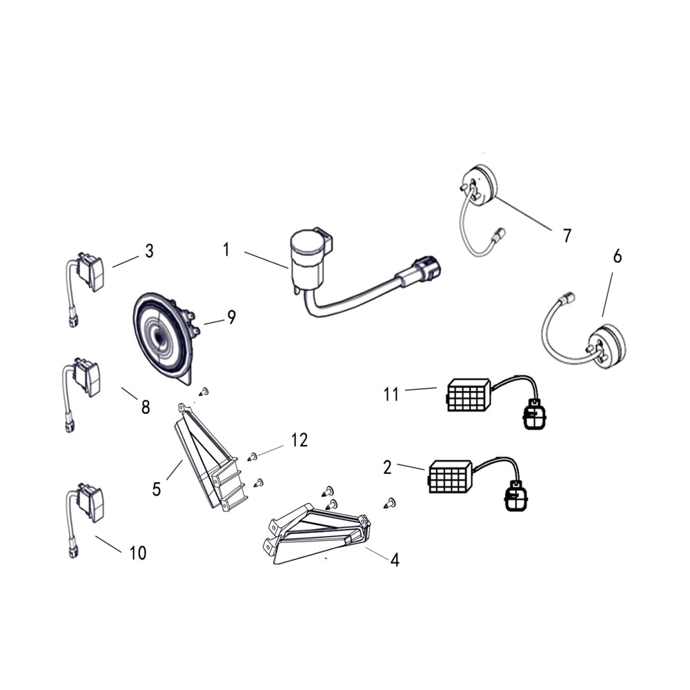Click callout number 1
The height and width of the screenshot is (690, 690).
coord(226,250)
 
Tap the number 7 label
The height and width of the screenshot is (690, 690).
coord(566,236)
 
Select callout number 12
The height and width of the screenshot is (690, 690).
coord(299,440)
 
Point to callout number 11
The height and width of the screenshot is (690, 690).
coord(391,394)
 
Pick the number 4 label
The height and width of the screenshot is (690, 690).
coord(395,560)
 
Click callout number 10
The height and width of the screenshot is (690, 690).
coord(138,553)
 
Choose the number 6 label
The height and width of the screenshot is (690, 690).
coord(618,256)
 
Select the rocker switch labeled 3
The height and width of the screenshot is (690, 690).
coord(90,272)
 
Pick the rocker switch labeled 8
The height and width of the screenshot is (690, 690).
coord(87,377)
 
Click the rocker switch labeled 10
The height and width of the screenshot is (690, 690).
coord(90,502)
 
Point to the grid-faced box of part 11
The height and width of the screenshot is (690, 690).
coord(469,395)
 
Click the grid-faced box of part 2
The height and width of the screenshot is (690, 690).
coord(449,477)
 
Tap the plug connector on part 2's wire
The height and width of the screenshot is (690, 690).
coord(515,496)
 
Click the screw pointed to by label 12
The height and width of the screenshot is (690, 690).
coord(252,457)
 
